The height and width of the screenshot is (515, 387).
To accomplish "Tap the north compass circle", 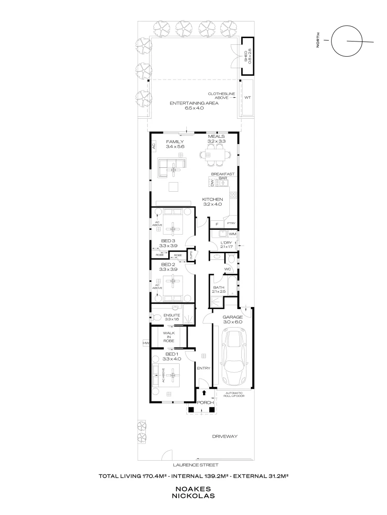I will (347, 41).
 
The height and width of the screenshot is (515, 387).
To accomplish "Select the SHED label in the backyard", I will (246, 56).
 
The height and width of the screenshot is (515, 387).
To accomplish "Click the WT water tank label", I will (247, 97).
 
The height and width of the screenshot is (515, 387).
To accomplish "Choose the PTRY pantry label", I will (232, 223).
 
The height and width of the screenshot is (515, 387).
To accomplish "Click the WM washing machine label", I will (232, 234).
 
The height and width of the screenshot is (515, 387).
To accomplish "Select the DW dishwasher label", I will (212, 183).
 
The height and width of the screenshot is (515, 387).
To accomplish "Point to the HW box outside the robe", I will (145, 343).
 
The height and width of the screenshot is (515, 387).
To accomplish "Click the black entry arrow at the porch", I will (205, 393).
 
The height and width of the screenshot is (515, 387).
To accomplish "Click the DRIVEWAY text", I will (225, 436).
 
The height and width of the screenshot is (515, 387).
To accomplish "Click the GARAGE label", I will (233, 317).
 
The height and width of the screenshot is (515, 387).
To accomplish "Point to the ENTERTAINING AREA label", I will (194, 103).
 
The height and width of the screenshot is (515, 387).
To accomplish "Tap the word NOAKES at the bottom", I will (194, 489).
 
